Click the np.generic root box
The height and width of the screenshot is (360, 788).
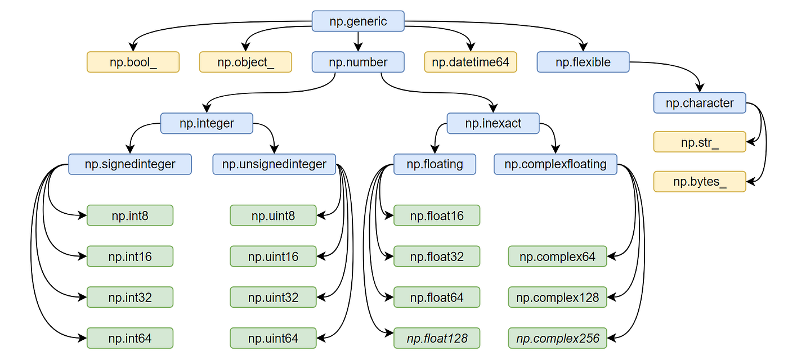(x=358, y=21)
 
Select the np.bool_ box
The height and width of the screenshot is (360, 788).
(x=133, y=62)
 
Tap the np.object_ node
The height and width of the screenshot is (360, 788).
(x=245, y=62)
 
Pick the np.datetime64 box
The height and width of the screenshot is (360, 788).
(x=471, y=62)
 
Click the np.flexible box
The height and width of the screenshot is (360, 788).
(x=583, y=62)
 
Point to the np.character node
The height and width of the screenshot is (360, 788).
(x=700, y=103)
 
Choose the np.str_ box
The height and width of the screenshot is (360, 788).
(x=700, y=142)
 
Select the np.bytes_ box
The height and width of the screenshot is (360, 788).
(x=700, y=182)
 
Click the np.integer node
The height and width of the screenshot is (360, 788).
(x=207, y=123)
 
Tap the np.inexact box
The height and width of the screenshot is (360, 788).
(x=493, y=123)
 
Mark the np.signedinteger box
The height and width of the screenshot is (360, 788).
(x=130, y=164)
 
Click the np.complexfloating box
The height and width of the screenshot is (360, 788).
(x=556, y=164)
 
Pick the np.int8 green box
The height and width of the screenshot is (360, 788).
(x=130, y=215)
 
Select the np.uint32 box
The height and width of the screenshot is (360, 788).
(x=274, y=298)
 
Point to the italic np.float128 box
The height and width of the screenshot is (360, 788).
(x=437, y=338)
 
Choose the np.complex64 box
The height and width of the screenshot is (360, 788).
(x=558, y=256)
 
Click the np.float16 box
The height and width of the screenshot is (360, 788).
(x=437, y=215)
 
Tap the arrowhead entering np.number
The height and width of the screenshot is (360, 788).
(x=358, y=47)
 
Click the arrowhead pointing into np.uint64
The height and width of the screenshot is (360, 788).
(x=321, y=338)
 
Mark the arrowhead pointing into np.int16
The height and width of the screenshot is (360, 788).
(x=82, y=256)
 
